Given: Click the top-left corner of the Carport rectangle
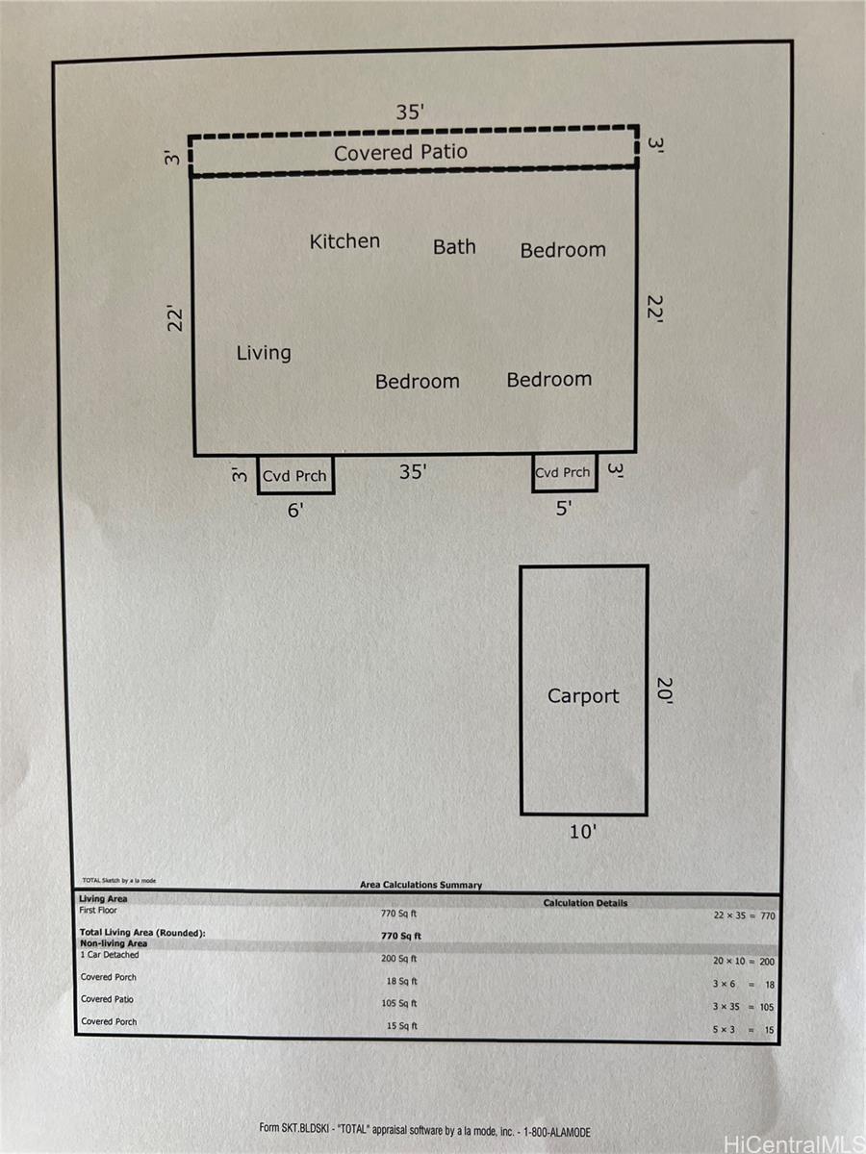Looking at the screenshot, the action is (x=521, y=566).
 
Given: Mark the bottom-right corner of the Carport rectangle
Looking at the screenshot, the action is (x=647, y=814).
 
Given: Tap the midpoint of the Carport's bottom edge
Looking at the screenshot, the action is (x=584, y=815).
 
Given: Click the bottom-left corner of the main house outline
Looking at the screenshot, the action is (x=194, y=454).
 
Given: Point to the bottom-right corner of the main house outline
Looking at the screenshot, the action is (x=636, y=451).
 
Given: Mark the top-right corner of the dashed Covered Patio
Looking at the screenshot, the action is (x=638, y=126).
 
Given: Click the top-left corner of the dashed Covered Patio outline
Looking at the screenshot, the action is (x=190, y=138).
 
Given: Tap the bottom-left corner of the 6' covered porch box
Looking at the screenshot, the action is (x=258, y=493).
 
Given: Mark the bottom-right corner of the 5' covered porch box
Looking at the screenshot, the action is (x=597, y=490).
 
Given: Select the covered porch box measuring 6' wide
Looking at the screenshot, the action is (x=295, y=475).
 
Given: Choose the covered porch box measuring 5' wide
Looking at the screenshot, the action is (x=565, y=472).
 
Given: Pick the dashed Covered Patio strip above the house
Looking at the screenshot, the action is (x=414, y=151).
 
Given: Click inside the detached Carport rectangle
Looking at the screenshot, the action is (x=584, y=690).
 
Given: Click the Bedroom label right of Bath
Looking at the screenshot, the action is (x=563, y=250).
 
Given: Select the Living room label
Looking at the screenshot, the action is (x=264, y=353).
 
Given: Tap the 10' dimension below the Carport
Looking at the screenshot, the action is (x=583, y=832).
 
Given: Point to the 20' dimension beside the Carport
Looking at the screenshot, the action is (x=665, y=690).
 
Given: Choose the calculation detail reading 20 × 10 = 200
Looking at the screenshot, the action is (x=744, y=961).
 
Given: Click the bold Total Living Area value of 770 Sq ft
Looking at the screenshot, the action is (x=401, y=936).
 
